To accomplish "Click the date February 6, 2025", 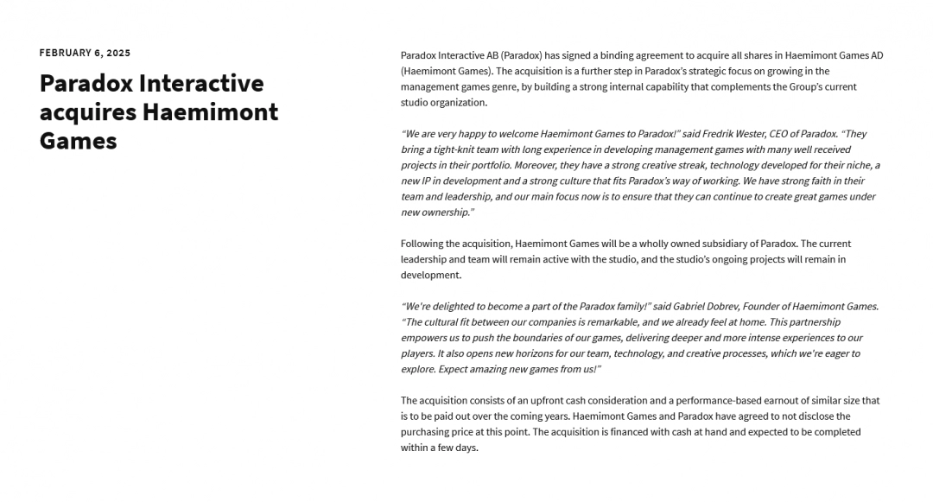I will (x=85, y=53).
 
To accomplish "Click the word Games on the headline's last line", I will (x=78, y=140).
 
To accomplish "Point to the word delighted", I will (x=447, y=307).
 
